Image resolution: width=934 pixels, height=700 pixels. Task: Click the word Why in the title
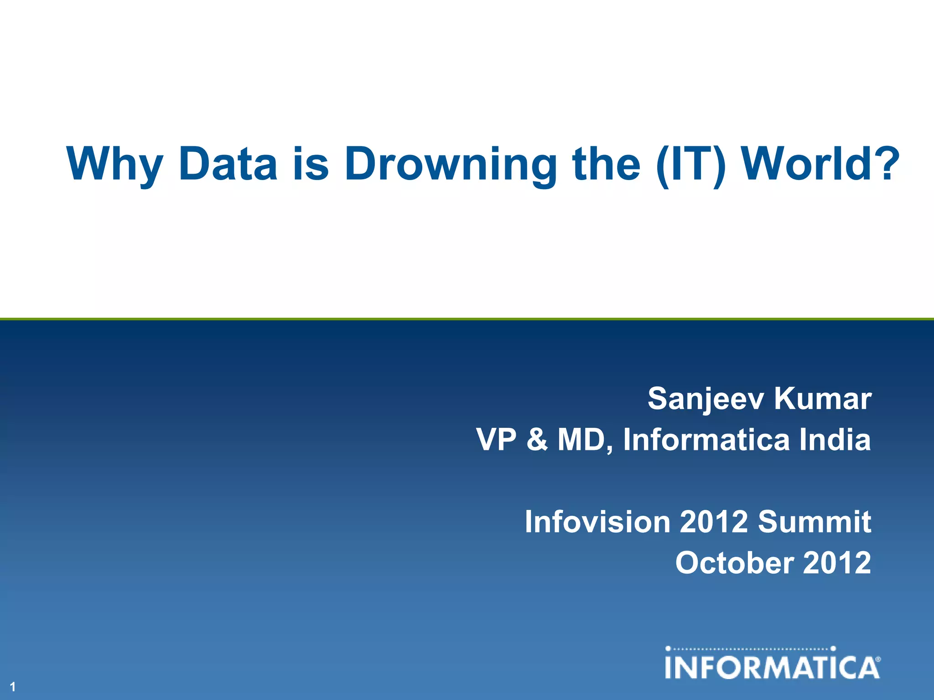tap(114, 164)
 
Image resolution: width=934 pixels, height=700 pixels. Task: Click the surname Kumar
tap(823, 398)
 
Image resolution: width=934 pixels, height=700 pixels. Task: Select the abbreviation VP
tap(496, 439)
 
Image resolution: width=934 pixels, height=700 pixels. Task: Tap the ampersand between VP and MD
tap(537, 440)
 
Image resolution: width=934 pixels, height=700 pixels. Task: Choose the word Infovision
tap(597, 521)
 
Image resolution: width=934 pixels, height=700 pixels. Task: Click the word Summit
tap(815, 521)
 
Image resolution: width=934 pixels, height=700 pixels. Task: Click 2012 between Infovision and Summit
tap(714, 521)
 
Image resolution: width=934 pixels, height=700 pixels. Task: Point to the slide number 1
tap(13, 687)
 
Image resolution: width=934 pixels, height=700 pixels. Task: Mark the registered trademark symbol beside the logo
tap(878, 659)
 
